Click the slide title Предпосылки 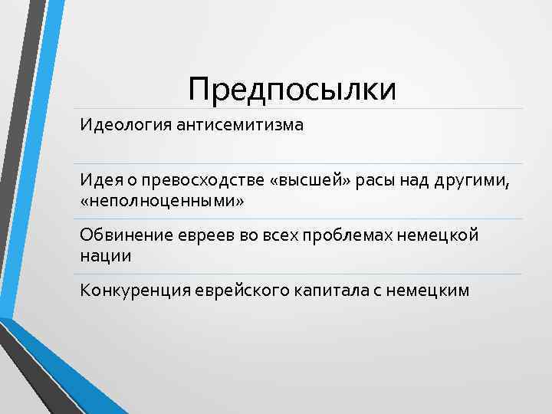point(293,89)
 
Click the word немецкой point(444,235)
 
